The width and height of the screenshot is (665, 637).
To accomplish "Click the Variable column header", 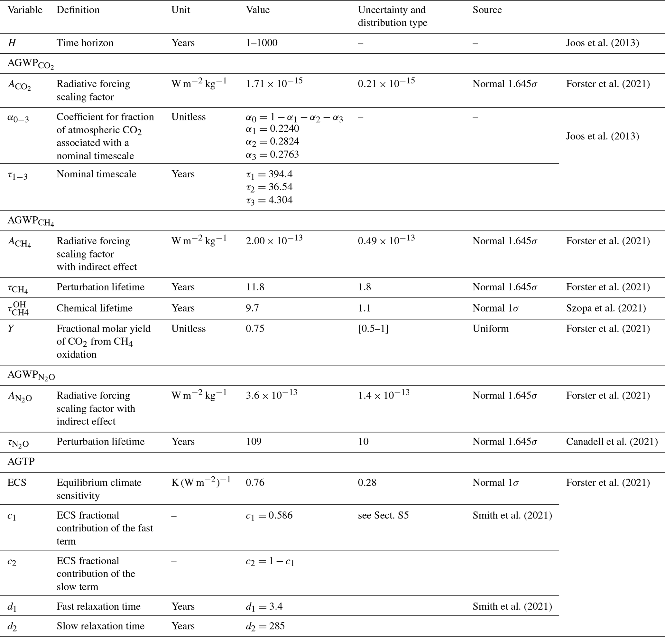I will pos(25,10).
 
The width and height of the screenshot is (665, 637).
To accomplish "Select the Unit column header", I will pos(180,10).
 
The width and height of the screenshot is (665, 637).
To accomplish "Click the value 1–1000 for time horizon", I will pos(262,43).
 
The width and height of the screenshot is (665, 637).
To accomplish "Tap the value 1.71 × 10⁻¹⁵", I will pos(274,83).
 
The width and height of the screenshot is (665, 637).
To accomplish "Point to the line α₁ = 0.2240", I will pos(272,129).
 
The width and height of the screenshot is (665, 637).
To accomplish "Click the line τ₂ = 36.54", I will pos(269,187).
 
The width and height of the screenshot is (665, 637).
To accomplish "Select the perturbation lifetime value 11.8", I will pos(255,287).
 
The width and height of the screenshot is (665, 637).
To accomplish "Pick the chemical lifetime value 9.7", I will pos(252,308).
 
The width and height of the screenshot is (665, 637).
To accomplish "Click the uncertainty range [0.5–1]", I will pos(373,329).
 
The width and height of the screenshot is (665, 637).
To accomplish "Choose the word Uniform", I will pos(491,329).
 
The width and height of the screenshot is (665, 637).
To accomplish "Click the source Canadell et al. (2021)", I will pos(612,442).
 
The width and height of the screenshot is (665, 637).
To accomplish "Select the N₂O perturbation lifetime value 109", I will pos(254,442).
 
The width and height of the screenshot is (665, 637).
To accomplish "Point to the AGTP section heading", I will pos(21,462).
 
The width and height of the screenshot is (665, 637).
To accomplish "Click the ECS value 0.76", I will pos(255,482).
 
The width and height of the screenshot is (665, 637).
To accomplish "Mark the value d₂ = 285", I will pos(265,626).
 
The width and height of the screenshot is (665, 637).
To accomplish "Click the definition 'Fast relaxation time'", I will pos(98,606).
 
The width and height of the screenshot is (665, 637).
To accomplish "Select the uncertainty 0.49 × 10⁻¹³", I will pos(386,240).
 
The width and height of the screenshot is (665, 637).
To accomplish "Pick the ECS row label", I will pos(17,482).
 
